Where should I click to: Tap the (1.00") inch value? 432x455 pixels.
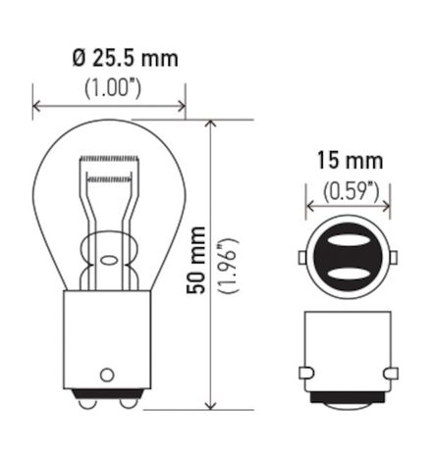pos(110,88)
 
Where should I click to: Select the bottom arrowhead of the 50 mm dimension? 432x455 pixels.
pos(210,406)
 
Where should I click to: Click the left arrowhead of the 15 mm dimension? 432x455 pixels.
pos(311,207)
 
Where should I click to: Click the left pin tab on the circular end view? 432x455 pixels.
pos(302,258)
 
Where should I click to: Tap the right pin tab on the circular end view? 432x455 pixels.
pos(394,258)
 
